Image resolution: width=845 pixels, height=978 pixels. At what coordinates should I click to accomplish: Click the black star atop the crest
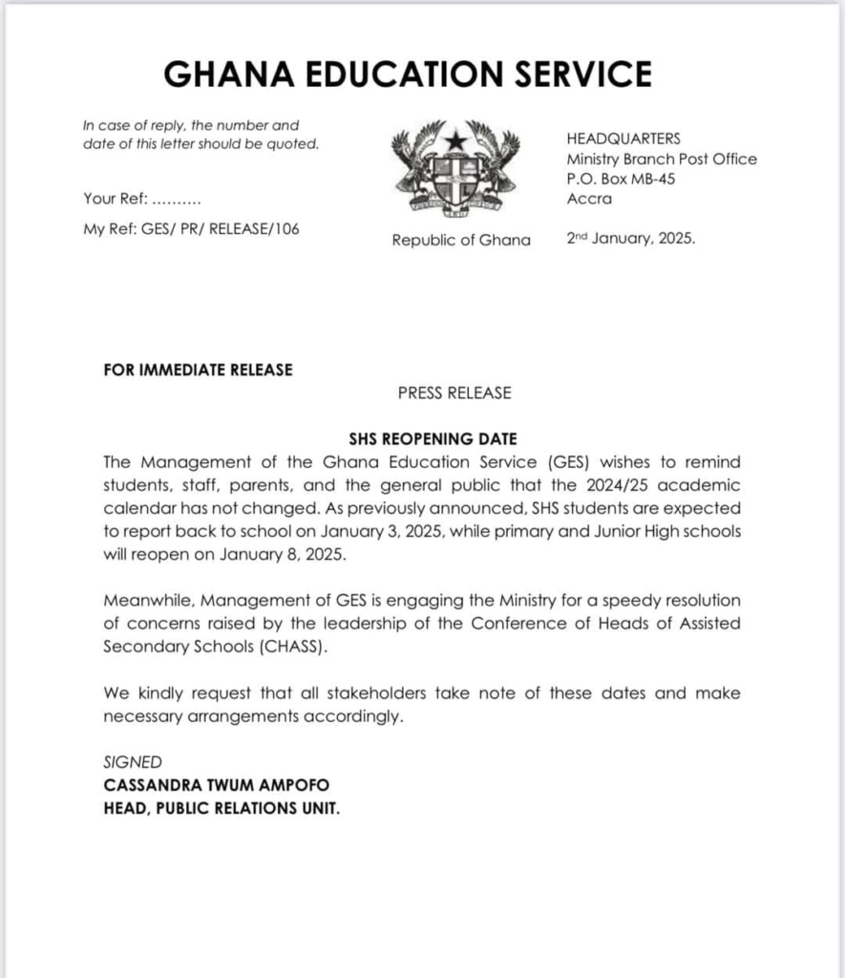point(455,139)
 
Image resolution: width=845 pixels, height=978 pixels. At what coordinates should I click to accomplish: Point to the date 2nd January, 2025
point(631,240)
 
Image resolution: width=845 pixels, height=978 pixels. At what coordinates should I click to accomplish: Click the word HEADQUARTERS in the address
point(623,138)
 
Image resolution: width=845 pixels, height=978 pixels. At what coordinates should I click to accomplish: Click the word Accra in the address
point(589,199)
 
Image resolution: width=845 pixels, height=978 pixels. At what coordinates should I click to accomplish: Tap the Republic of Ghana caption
point(461,240)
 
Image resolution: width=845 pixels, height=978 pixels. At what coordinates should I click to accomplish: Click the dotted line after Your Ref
point(177,200)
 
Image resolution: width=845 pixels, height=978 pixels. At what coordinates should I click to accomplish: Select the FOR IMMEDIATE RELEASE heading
point(198,370)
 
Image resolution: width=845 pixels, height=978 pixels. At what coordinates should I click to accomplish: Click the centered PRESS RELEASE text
point(454,393)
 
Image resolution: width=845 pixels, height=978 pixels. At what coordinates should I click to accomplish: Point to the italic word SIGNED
point(133,762)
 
